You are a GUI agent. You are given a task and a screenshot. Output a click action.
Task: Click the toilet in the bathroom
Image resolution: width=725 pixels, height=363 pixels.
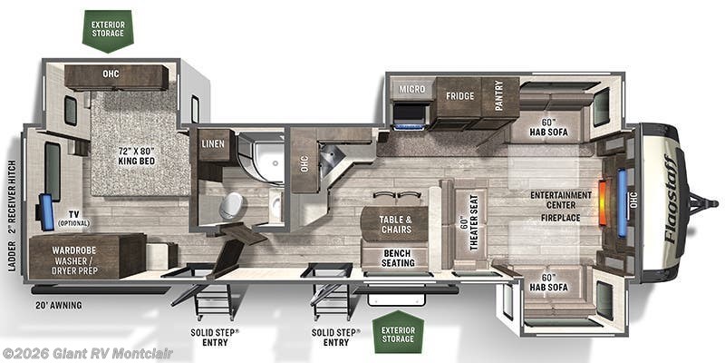(231, 206)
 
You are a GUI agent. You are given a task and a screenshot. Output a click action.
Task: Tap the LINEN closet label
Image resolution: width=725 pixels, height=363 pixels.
(213, 144)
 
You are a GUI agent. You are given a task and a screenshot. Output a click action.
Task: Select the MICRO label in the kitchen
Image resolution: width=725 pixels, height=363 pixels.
(412, 88)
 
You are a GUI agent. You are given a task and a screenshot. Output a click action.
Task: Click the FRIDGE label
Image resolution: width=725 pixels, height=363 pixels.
(460, 96)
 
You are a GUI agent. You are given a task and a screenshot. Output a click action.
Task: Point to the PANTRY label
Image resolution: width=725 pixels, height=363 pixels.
(498, 96)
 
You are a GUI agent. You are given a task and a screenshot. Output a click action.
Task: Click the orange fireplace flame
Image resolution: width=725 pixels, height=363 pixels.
(603, 202)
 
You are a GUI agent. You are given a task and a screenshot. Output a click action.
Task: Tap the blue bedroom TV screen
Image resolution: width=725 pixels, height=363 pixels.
(46, 212)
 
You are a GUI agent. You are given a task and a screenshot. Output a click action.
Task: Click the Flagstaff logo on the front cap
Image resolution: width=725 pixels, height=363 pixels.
(671, 199)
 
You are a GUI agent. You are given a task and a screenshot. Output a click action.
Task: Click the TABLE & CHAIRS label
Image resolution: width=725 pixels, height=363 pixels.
(396, 224)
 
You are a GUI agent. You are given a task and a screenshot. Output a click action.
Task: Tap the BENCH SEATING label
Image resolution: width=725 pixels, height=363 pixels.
(398, 259)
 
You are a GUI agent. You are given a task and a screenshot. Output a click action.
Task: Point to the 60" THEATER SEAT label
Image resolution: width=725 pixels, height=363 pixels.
(469, 222)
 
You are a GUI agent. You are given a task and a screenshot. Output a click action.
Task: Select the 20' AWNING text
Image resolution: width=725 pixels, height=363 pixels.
(59, 305)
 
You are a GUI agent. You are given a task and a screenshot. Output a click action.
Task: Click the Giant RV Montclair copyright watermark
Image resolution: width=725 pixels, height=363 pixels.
(86, 354)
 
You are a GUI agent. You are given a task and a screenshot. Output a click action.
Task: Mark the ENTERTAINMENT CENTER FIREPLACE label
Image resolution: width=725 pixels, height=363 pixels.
(560, 206)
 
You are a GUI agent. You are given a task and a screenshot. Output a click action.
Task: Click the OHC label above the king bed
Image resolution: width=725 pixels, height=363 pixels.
(111, 74)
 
